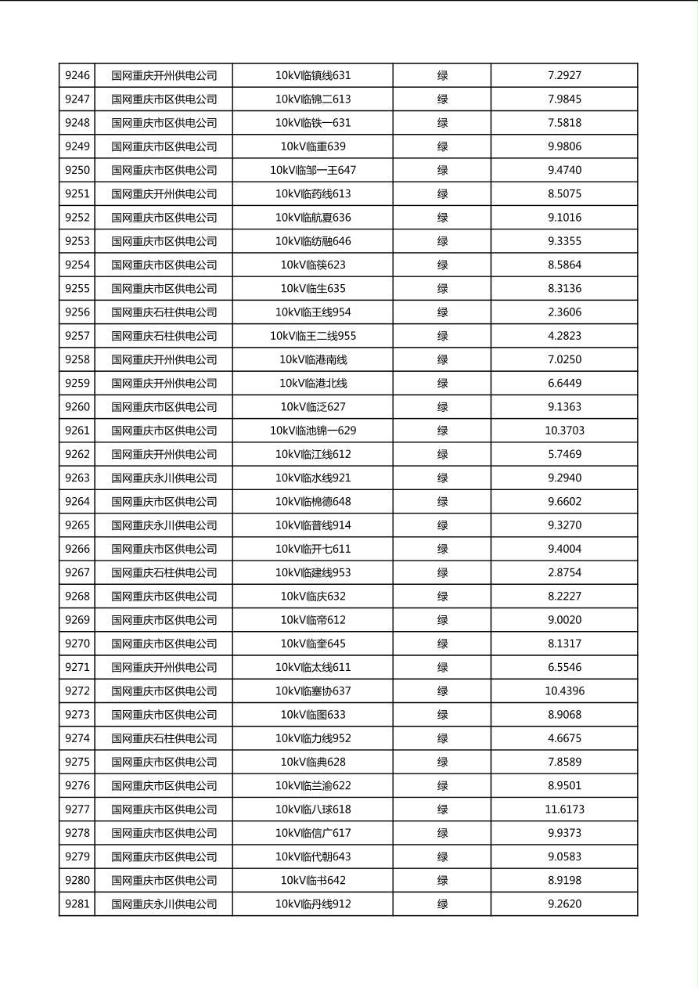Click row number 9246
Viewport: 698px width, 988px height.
point(77,76)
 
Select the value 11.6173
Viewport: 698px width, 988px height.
point(564,810)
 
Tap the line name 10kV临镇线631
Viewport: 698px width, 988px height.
point(313,76)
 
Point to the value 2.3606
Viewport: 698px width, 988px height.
point(564,312)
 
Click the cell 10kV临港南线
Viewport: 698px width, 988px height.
point(313,360)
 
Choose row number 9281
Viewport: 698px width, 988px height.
point(77,904)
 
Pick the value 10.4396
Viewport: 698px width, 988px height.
point(564,691)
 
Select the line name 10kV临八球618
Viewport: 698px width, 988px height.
point(313,810)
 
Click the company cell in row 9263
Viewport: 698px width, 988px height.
point(164,478)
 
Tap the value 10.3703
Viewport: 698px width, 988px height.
point(564,431)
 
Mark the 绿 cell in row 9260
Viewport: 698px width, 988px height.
point(442,407)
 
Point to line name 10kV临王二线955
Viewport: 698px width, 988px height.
point(313,336)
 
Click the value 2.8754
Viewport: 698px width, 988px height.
point(564,573)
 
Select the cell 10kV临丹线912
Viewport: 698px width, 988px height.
point(313,904)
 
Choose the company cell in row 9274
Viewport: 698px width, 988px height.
point(164,738)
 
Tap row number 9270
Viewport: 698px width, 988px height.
point(77,644)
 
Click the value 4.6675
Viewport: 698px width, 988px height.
point(564,738)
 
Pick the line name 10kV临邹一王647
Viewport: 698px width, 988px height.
point(313,171)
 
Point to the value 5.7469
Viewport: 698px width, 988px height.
point(564,454)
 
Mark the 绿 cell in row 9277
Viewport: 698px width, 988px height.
point(442,810)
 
